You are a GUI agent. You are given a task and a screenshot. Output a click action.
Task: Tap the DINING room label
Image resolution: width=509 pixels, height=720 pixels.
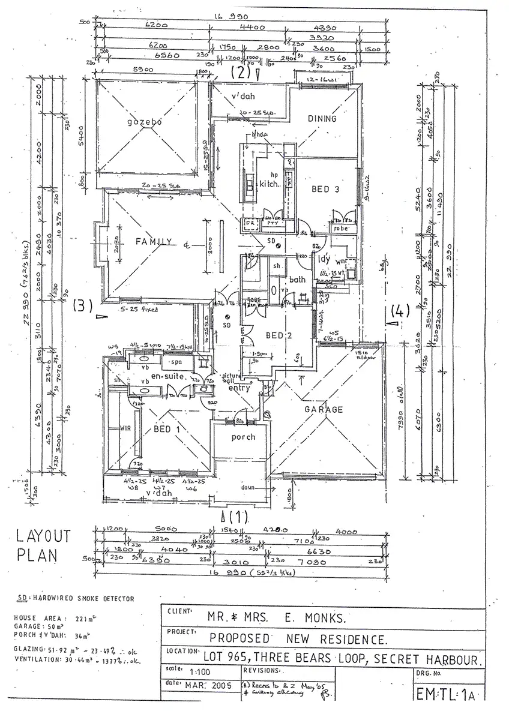click(x=322, y=119)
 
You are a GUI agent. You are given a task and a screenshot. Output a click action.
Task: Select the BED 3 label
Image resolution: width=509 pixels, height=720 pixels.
click(x=325, y=189)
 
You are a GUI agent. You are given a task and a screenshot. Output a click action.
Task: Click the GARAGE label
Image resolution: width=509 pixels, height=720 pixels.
click(x=323, y=409)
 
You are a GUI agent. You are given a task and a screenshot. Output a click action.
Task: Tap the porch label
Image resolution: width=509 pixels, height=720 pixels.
click(x=243, y=437)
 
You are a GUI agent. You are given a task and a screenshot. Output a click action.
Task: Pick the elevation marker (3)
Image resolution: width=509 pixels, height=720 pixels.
click(x=82, y=305)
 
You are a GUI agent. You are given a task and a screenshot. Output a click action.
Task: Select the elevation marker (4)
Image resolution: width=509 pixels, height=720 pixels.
click(x=399, y=312)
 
